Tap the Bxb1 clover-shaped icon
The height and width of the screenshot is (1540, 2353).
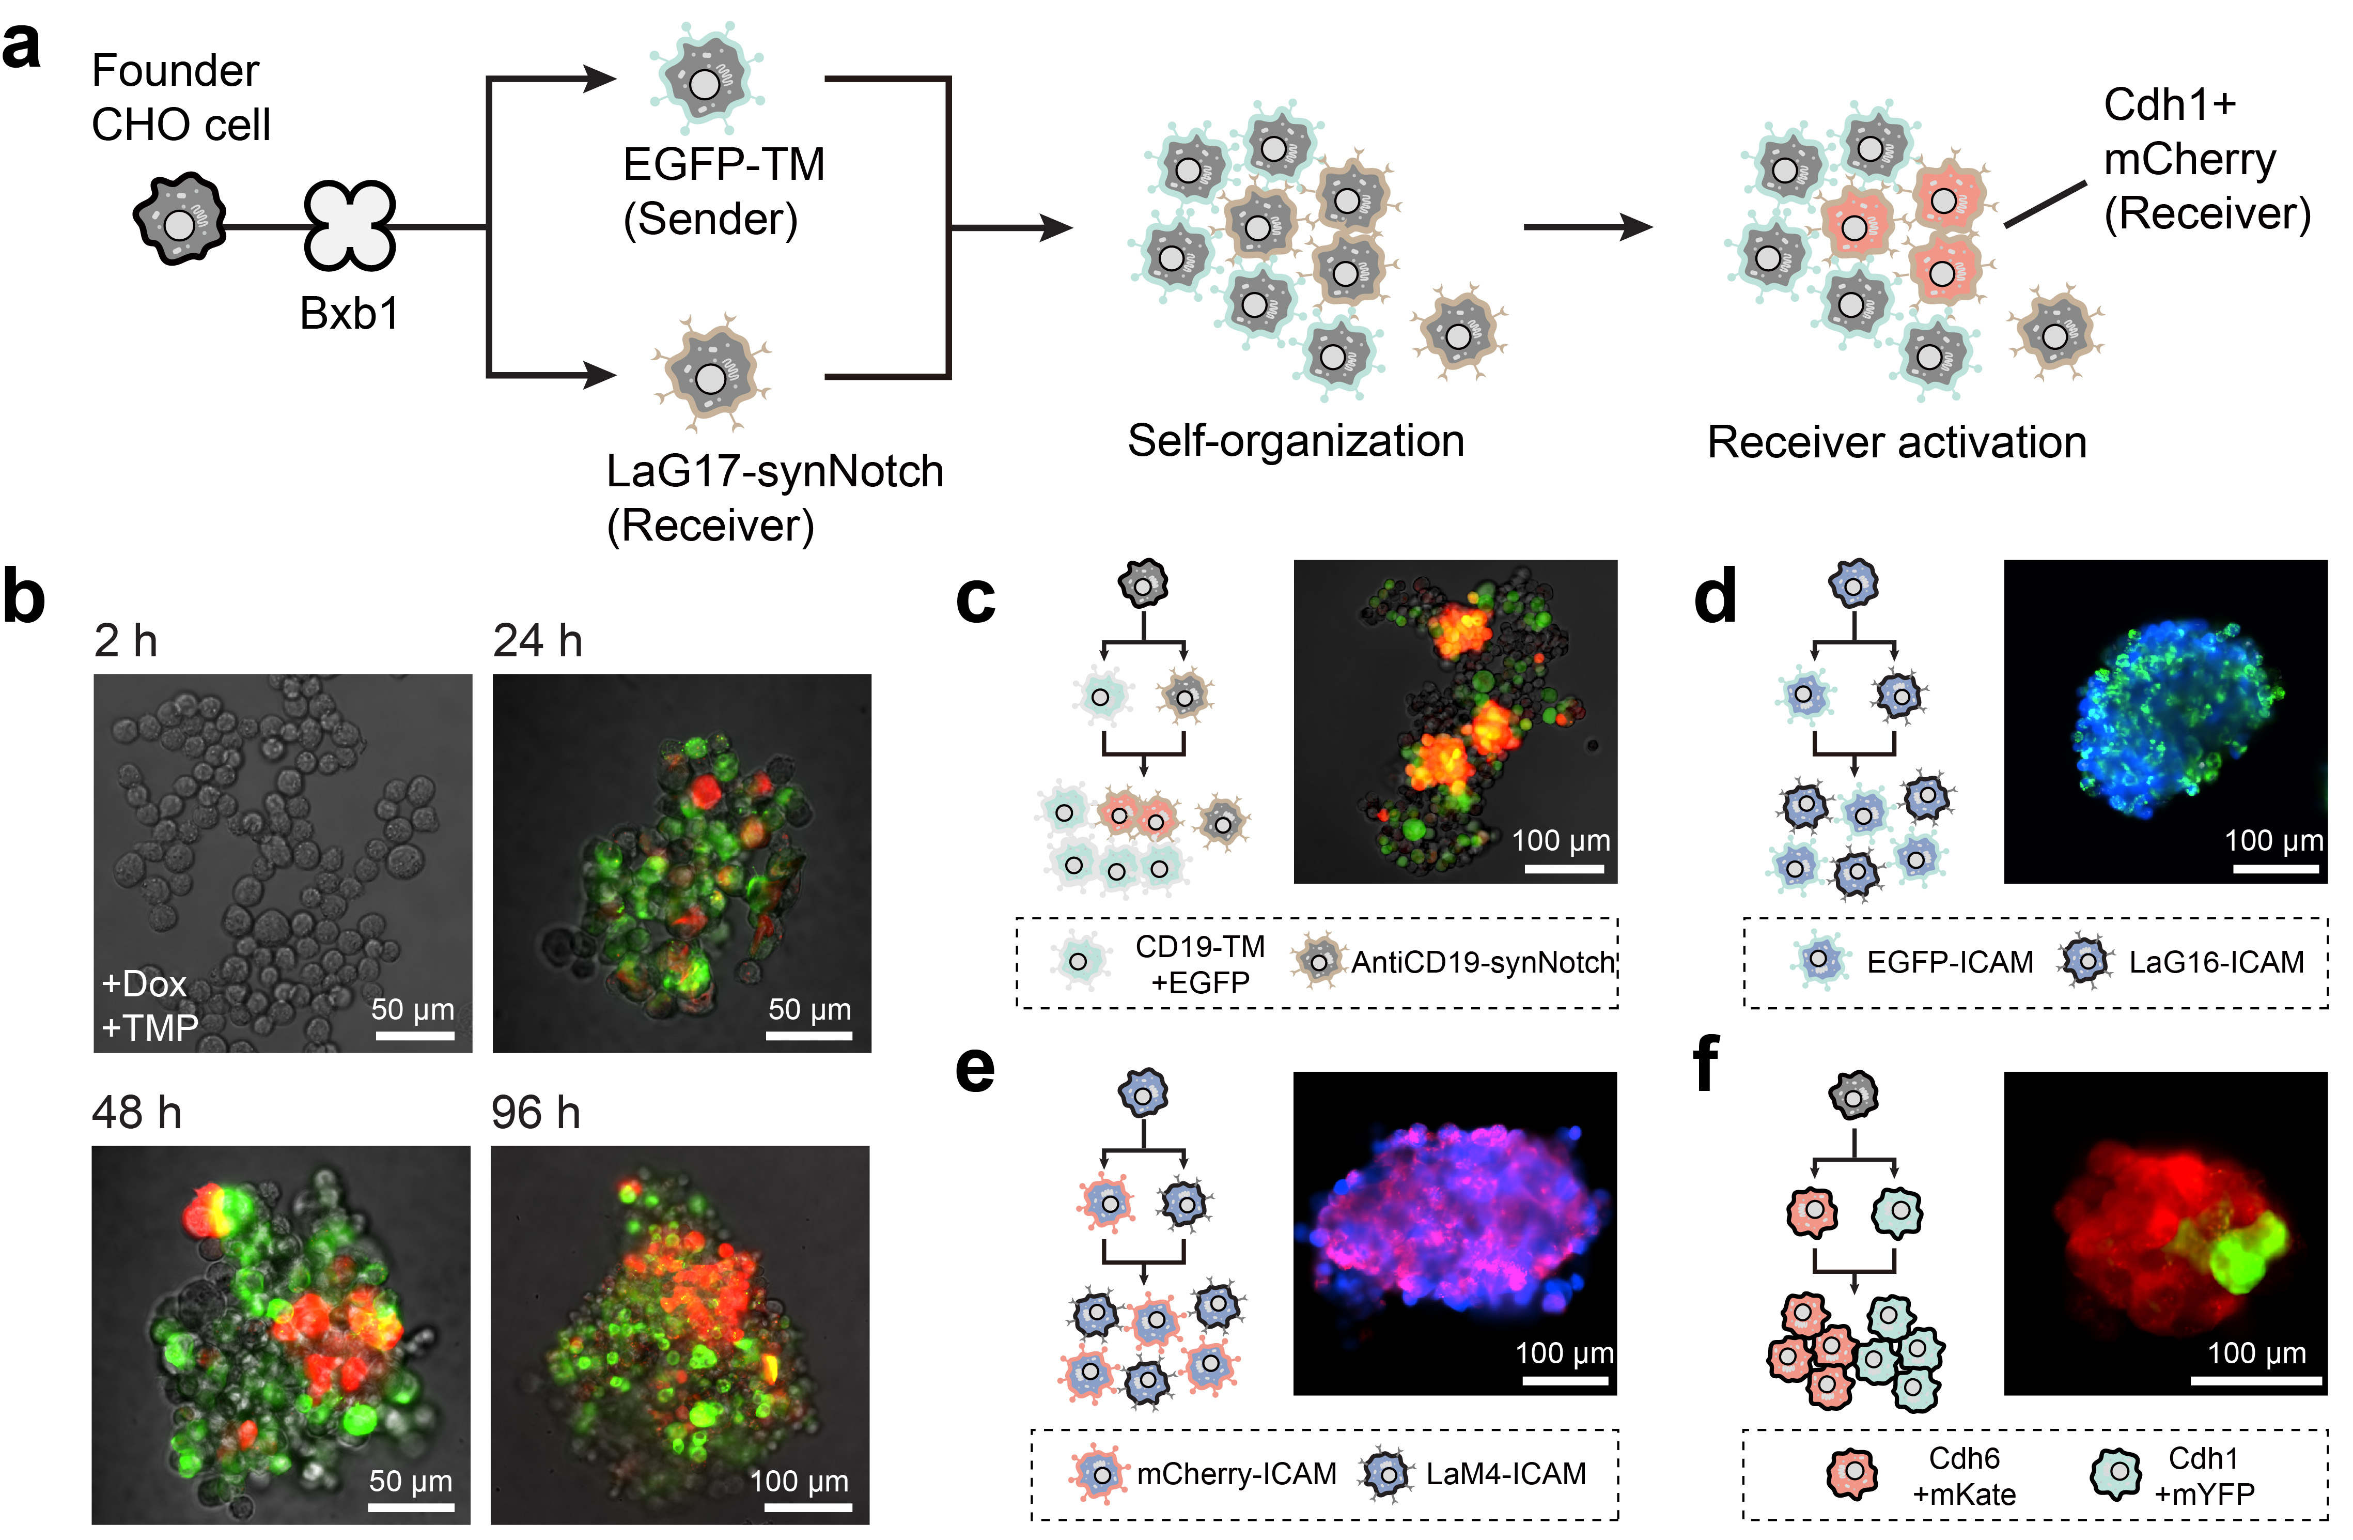coord(349,225)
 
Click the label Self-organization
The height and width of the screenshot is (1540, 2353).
coord(1295,441)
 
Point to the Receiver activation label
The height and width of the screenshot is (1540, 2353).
coord(1896,442)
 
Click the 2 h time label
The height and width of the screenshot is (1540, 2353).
coord(126,641)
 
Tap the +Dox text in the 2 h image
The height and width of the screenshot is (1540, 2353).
coord(144,984)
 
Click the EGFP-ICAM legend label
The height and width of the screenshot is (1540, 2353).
coord(1949,962)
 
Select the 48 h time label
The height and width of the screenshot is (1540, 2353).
coord(136,1113)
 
